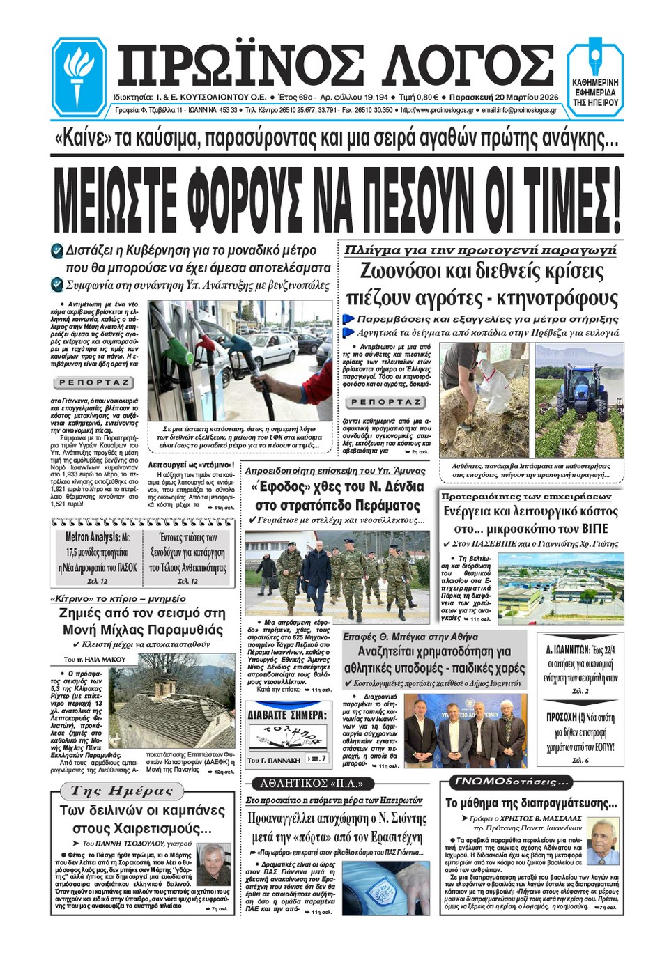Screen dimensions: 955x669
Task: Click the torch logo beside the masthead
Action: pyautogui.click(x=78, y=76)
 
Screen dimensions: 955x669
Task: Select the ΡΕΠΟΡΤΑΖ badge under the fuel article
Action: pyautogui.click(x=93, y=382)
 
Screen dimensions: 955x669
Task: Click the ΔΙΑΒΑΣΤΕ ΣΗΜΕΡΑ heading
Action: pyautogui.click(x=287, y=715)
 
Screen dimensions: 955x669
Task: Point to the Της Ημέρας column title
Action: pyautogui.click(x=121, y=791)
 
